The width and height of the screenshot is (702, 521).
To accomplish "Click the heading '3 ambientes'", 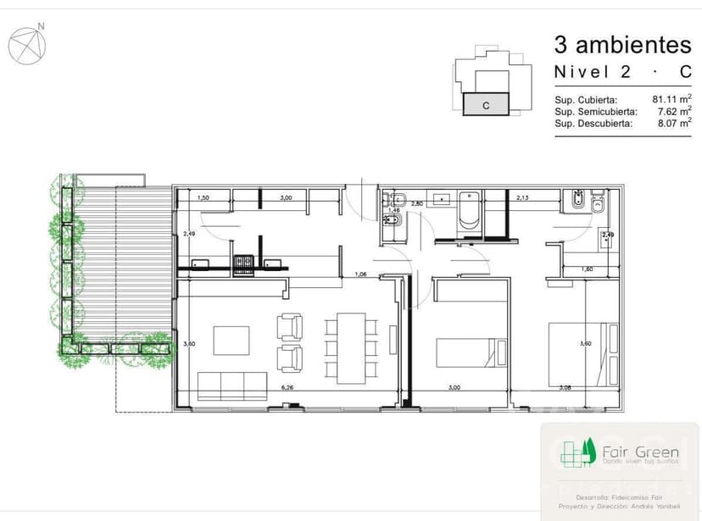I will [622, 43].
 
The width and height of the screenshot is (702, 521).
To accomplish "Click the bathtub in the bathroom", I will [469, 214].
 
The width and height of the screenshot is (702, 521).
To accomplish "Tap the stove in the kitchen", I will [244, 263].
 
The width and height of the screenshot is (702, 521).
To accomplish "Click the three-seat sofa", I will [231, 385].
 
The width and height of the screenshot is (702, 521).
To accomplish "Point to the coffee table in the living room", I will [231, 340].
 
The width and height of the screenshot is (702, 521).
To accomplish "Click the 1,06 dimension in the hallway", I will [361, 274].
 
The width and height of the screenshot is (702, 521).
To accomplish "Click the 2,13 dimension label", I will [522, 197].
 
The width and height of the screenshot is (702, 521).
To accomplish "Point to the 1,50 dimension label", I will [203, 198].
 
